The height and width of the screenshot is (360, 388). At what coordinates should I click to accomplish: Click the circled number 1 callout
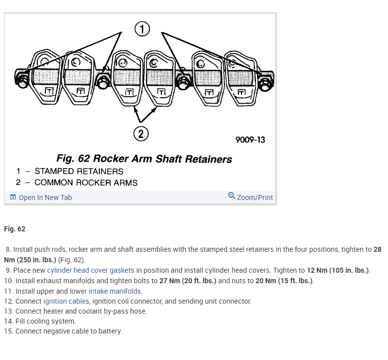click(x=142, y=29)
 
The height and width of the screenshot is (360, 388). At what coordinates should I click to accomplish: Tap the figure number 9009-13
click(x=250, y=140)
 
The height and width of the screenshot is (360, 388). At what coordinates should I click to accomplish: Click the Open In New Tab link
click(x=45, y=197)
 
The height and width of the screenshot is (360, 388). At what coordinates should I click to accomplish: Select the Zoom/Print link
click(x=255, y=197)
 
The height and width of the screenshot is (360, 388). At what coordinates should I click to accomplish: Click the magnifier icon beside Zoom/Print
click(x=232, y=196)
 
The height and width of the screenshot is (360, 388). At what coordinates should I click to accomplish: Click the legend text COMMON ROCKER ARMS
click(x=86, y=182)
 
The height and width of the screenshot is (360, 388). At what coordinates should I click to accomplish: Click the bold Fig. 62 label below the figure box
click(x=14, y=229)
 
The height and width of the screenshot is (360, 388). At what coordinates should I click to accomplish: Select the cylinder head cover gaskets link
click(x=91, y=270)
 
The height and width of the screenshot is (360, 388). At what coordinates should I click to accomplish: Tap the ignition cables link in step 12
click(x=66, y=301)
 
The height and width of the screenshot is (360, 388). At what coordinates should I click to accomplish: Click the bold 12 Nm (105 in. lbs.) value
click(x=339, y=270)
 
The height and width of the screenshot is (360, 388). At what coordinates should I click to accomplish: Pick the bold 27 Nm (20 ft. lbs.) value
click(x=188, y=281)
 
